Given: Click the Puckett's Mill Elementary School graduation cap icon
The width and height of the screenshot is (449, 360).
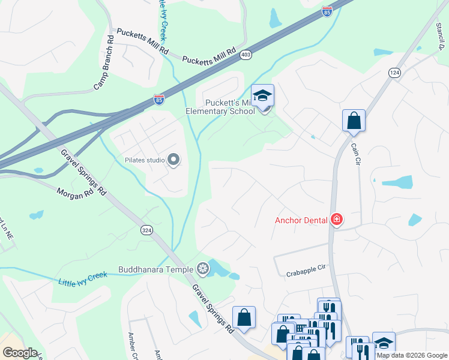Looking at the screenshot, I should point(262,96).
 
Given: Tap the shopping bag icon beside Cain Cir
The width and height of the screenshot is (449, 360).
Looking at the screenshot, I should point(354,120).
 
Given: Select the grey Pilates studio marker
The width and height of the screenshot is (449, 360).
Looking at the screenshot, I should point(174,160).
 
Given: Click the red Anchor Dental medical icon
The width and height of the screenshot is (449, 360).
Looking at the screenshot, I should point(336,220).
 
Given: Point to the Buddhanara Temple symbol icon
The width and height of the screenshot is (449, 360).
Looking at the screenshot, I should point(203,269).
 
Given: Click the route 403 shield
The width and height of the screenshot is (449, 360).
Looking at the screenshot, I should point(246,55).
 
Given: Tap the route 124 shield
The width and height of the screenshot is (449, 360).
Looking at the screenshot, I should point(394,73).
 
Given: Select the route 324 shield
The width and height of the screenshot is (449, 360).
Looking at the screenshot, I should point(146,230).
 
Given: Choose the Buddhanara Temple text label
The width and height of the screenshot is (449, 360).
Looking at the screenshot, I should point(158,269).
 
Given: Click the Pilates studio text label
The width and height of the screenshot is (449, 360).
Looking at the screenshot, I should point(145,160).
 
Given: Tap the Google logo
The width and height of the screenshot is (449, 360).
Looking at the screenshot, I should point(19,353).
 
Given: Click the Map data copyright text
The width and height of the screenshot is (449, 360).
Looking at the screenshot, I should point(412,355).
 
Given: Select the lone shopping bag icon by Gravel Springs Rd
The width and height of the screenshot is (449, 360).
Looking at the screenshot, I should point(244,318).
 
